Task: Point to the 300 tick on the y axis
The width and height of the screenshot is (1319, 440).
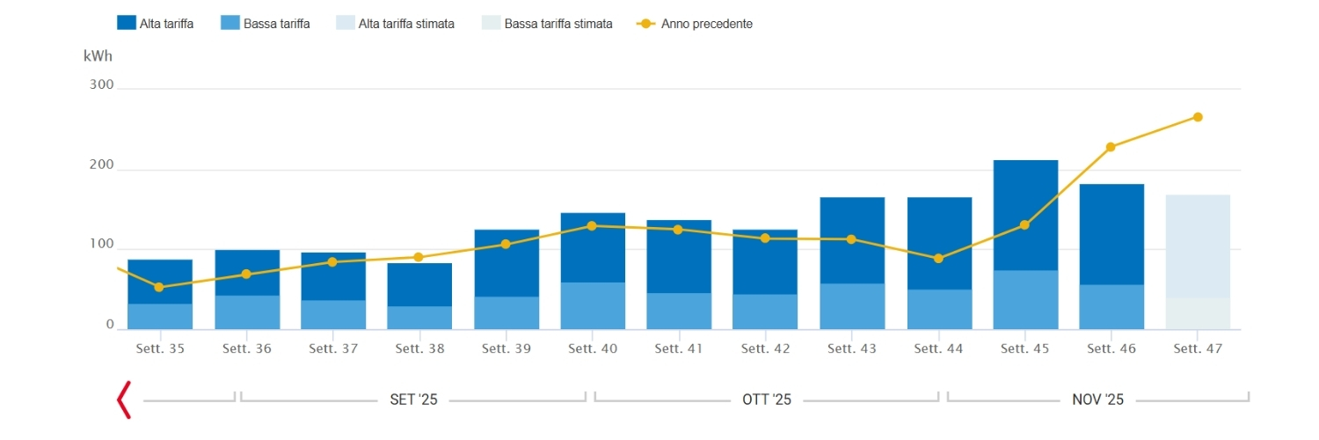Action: click(x=102, y=85)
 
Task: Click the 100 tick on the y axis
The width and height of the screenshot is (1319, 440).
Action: click(x=102, y=245)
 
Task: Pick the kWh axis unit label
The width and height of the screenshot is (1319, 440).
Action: click(x=98, y=56)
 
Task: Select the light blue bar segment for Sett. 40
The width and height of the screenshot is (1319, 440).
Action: click(x=593, y=305)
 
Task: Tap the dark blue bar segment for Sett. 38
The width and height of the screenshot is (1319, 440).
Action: click(x=419, y=284)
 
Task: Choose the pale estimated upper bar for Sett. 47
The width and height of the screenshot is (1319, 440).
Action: click(x=1198, y=246)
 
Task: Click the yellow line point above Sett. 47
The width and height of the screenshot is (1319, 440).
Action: click(x=1198, y=117)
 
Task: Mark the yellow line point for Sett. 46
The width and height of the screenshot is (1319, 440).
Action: click(x=1111, y=147)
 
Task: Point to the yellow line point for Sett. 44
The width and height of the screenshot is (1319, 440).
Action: click(x=938, y=259)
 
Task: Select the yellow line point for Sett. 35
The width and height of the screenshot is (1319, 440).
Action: click(x=159, y=287)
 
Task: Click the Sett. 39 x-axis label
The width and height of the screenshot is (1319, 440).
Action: click(x=506, y=349)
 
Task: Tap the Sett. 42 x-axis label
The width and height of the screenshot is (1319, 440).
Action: click(x=765, y=349)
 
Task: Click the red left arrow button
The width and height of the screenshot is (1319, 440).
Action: click(x=124, y=400)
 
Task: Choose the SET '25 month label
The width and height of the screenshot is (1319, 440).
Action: click(x=413, y=400)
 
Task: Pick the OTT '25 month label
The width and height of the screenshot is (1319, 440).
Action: click(x=767, y=400)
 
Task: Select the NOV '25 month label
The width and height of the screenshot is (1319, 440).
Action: click(x=1097, y=400)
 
